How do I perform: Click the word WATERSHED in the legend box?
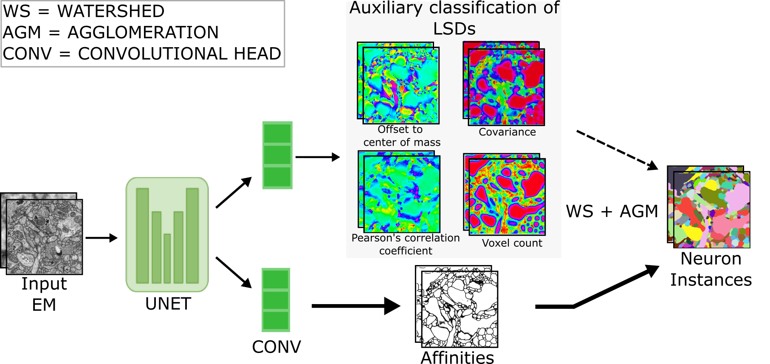(x=111, y=11)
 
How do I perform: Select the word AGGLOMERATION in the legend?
(x=143, y=33)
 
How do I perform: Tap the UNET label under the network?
(x=168, y=304)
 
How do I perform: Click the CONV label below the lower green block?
(x=276, y=347)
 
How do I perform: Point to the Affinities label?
(x=457, y=358)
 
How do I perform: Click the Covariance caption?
(x=507, y=132)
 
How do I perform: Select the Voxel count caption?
(x=512, y=243)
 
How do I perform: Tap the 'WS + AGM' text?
(x=612, y=212)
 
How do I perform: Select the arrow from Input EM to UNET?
(x=101, y=238)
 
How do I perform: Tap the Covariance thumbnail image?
(x=506, y=87)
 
